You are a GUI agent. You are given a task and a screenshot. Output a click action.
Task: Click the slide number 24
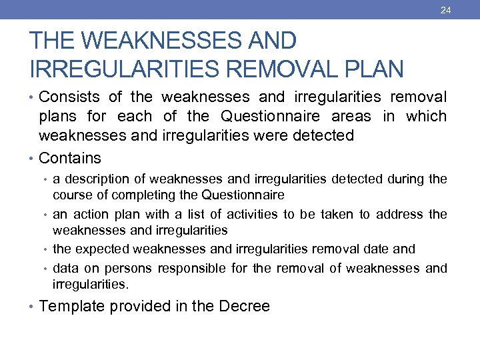click(446, 10)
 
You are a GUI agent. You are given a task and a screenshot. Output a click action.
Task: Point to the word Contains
click(70, 158)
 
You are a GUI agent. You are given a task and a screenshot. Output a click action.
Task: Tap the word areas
click(351, 116)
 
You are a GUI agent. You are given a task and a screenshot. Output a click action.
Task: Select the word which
click(425, 116)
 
